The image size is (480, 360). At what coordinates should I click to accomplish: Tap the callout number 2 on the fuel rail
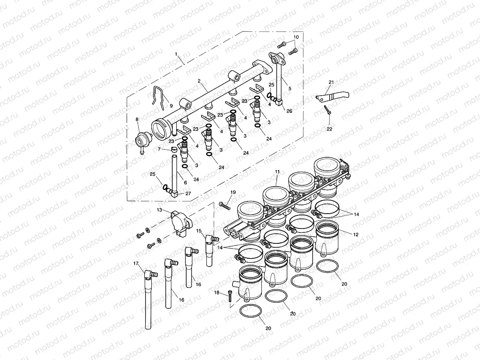coord(198,81)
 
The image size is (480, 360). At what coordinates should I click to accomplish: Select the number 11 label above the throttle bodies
coord(277,172)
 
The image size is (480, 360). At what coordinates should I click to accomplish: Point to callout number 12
coord(355,235)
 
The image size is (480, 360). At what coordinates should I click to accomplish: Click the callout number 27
coord(188,194)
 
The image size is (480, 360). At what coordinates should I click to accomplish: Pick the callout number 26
coord(289,111)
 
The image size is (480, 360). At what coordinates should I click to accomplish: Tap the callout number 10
coord(296,37)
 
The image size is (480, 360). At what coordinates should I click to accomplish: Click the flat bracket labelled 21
coord(332,94)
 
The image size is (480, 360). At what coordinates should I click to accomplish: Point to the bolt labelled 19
coord(224,204)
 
